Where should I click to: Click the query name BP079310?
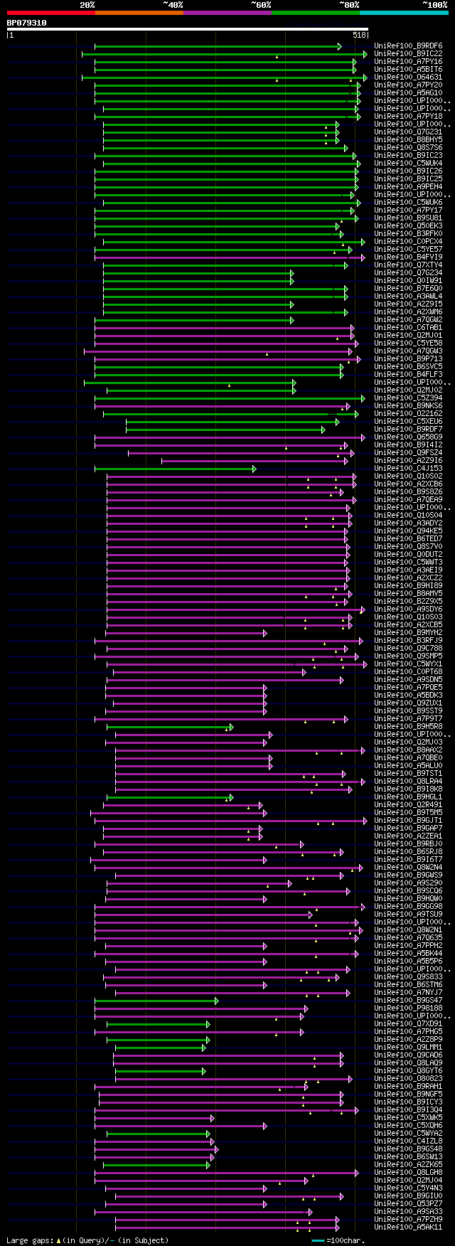pyautogui.click(x=26, y=23)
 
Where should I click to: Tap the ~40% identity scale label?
pyautogui.click(x=173, y=5)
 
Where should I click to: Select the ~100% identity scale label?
pyautogui.click(x=435, y=5)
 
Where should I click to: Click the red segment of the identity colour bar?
pyautogui.click(x=50, y=13)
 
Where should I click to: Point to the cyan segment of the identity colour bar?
pyautogui.click(x=403, y=13)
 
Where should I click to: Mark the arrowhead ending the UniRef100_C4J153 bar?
pyautogui.click(x=254, y=469)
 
